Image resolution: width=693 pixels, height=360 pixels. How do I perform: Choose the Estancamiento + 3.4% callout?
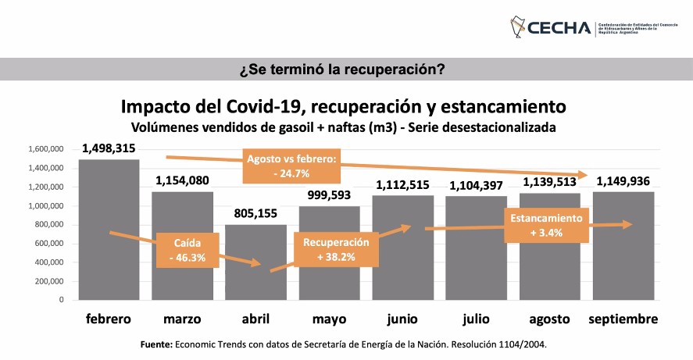point(547,226)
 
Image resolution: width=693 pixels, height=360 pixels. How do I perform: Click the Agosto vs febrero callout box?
point(291,164)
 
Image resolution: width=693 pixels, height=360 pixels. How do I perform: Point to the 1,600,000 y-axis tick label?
point(45,149)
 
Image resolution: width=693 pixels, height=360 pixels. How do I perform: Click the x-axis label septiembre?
point(623,319)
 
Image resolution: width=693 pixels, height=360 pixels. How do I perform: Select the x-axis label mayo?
point(329,319)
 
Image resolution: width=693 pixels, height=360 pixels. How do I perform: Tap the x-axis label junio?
point(402,319)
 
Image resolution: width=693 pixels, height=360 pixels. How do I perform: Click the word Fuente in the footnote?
point(156,344)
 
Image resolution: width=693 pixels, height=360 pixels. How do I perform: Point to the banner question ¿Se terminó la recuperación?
point(346,70)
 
